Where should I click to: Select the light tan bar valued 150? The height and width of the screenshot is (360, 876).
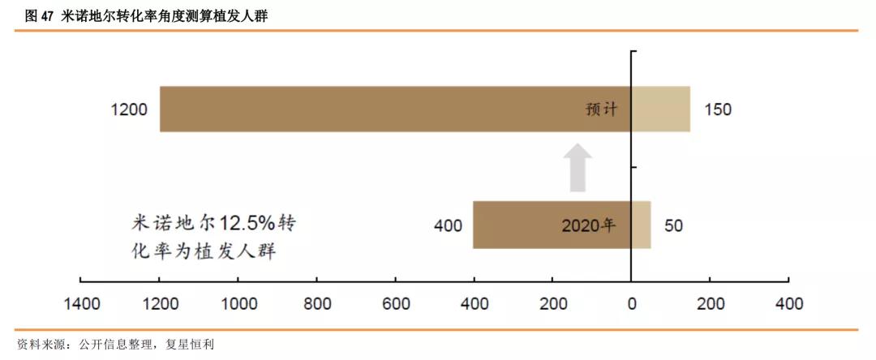[660, 109]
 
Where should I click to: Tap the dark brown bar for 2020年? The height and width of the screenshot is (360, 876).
[519, 225]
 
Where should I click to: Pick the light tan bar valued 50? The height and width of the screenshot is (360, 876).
[641, 225]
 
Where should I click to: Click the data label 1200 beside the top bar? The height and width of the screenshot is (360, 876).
[129, 109]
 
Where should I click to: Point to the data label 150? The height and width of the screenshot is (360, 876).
[718, 109]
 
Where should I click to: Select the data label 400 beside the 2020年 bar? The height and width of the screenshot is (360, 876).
[448, 225]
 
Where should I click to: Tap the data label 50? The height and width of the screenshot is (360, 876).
[673, 225]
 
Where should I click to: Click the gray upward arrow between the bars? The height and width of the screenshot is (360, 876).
[578, 167]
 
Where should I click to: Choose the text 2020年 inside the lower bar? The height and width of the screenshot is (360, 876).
[588, 225]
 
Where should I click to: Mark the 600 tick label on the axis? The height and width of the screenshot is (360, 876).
[396, 304]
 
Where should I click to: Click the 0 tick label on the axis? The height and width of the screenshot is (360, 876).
[632, 304]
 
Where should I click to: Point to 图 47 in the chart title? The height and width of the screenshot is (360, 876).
[35, 15]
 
